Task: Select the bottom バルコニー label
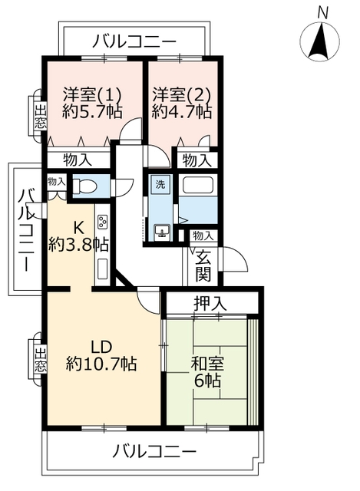(x=155, y=450)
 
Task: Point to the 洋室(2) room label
(x=181, y=95)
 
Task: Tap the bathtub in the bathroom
(x=199, y=186)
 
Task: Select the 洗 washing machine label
(x=160, y=184)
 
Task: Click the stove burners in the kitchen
(x=101, y=225)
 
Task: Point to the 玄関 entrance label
(x=203, y=265)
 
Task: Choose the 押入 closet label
(x=210, y=303)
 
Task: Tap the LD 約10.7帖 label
(x=101, y=354)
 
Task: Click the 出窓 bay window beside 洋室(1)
(x=39, y=115)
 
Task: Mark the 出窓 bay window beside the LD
(x=39, y=359)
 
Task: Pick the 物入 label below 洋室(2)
(x=196, y=160)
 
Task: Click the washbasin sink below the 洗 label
(x=162, y=232)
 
